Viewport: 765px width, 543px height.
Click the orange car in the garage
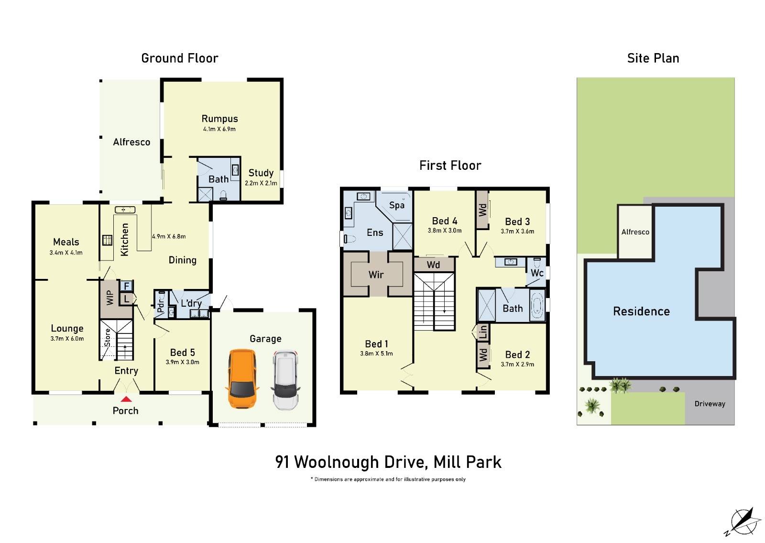(x=242, y=378)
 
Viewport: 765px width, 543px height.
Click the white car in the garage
(x=285, y=380)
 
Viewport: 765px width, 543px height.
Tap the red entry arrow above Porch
(x=126, y=399)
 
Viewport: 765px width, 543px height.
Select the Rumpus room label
(x=219, y=119)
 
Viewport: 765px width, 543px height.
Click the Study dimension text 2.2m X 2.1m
(x=261, y=183)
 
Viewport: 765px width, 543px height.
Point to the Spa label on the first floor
(x=396, y=205)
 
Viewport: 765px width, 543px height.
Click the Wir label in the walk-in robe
(x=376, y=275)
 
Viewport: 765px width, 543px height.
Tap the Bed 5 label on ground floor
(x=182, y=353)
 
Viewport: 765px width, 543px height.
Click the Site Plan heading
(x=653, y=58)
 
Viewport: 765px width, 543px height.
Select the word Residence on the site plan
(x=641, y=311)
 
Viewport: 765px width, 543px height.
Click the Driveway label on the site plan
(x=710, y=404)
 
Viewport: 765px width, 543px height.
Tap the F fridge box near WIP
(x=127, y=286)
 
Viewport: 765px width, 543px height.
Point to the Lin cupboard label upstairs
(x=483, y=331)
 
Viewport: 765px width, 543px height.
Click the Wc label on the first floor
(x=537, y=273)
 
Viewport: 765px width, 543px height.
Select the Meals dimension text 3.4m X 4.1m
(x=66, y=253)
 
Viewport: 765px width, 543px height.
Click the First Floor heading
(x=450, y=166)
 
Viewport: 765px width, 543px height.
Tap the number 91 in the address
(x=282, y=462)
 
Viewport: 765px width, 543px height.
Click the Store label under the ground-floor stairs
(x=108, y=338)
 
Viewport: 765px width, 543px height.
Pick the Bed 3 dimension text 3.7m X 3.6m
(x=517, y=231)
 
